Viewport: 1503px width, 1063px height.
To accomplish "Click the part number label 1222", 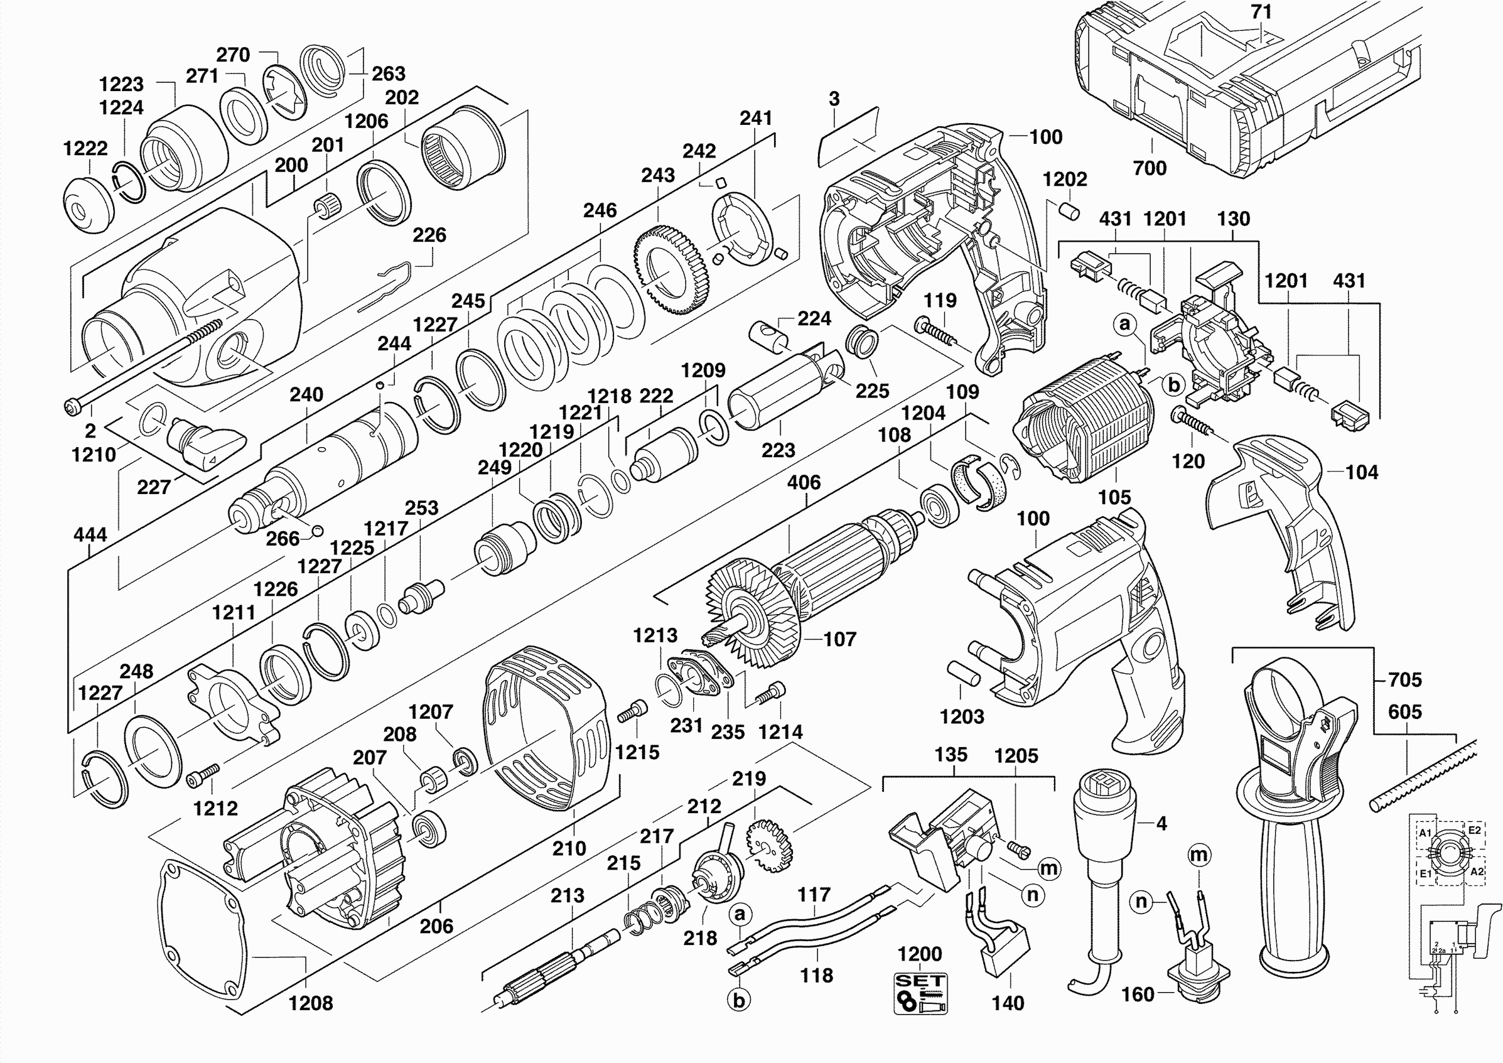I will [x=85, y=149].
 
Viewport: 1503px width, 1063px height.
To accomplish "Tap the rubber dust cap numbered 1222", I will [x=88, y=204].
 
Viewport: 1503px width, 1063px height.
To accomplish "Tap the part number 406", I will [x=803, y=482].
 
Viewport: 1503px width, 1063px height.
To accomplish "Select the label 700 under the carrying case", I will [x=1150, y=169].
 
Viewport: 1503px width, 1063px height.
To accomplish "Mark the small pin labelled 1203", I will [x=964, y=674].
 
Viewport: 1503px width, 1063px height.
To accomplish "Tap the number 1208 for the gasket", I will [x=310, y=1003].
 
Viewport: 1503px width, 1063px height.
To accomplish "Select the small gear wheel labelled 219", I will [x=770, y=847].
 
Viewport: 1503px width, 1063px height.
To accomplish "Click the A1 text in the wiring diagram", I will [x=1425, y=833].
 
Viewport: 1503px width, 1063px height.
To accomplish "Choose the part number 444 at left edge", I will [x=90, y=536].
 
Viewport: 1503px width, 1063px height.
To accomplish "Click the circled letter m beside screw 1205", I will [x=1049, y=868].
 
